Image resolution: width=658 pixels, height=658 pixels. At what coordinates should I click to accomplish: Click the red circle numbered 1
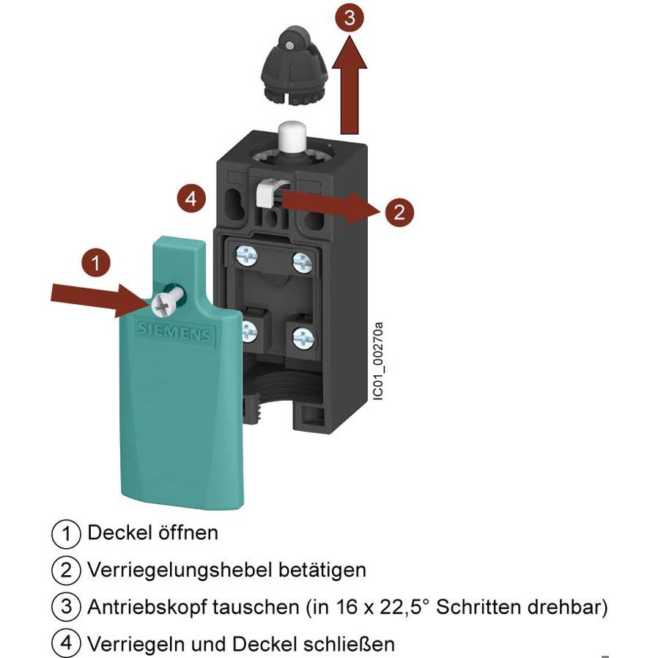pyautogui.click(x=95, y=262)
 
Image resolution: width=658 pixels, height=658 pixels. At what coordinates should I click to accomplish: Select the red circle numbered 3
pyautogui.click(x=350, y=18)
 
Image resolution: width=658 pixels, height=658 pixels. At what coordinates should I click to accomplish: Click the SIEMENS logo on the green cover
pyautogui.click(x=173, y=332)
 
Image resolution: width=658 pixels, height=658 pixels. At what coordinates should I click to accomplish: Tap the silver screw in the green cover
pyautogui.click(x=165, y=300)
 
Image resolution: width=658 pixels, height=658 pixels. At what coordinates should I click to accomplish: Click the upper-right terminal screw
pyautogui.click(x=302, y=260)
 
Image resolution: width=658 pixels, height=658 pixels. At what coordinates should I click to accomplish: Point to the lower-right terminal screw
pyautogui.click(x=303, y=337)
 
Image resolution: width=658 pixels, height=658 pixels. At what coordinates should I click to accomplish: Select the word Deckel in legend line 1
pyautogui.click(x=111, y=532)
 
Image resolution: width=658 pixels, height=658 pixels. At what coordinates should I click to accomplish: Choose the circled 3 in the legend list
pyautogui.click(x=66, y=607)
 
